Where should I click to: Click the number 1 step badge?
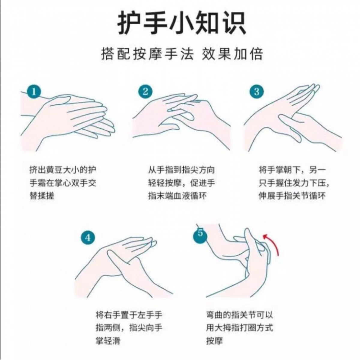[x=34, y=92]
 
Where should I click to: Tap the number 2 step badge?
[x=145, y=91]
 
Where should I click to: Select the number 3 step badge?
[x=257, y=92]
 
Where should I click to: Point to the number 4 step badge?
[x=88, y=238]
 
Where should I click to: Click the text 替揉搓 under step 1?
[x=42, y=196]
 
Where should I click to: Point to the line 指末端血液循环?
[x=178, y=196]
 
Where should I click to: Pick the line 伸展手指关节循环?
[x=292, y=196]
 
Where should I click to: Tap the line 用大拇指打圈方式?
[x=240, y=328]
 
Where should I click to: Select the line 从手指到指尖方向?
[x=181, y=170]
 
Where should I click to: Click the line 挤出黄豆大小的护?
[x=63, y=170]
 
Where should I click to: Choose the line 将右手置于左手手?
[x=129, y=315]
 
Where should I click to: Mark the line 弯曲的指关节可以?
[x=240, y=315]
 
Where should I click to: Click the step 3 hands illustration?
[x=293, y=120]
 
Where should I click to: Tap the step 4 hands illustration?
[x=123, y=269]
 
